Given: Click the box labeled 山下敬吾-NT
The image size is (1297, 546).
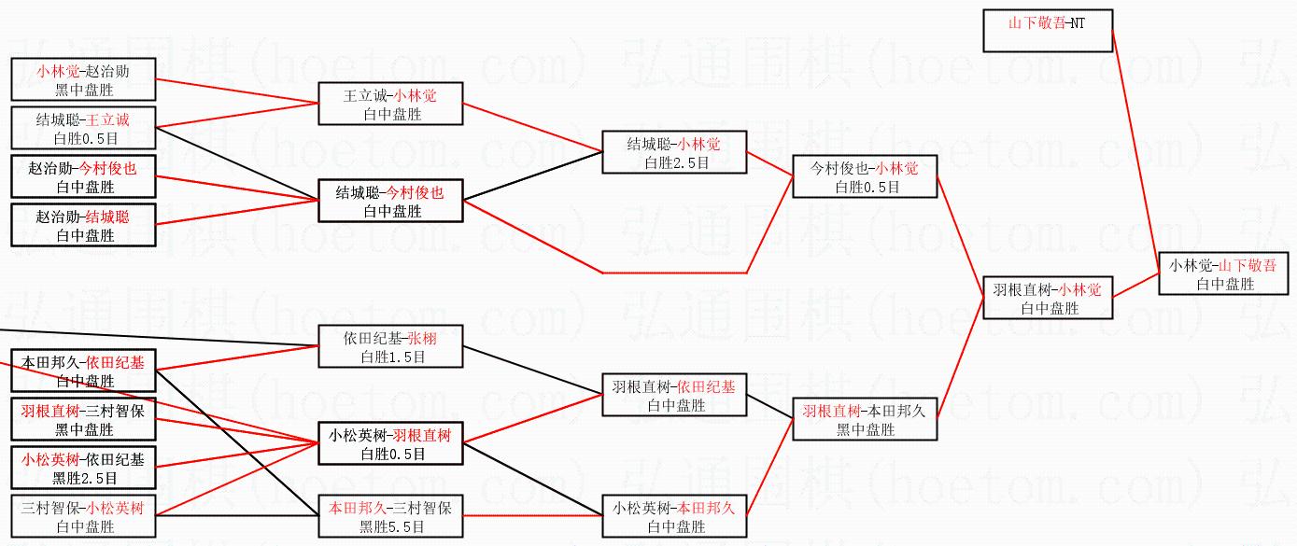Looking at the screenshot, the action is [1047, 30].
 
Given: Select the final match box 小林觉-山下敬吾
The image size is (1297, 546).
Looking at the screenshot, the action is [1222, 273].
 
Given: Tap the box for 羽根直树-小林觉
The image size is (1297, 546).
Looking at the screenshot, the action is [1048, 298].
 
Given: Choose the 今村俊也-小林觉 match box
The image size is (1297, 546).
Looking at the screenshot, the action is [865, 176].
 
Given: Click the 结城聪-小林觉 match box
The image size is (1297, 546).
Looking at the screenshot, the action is [674, 152].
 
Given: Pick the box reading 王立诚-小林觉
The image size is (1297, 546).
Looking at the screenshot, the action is [390, 104].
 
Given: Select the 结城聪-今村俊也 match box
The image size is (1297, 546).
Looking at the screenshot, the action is [390, 201].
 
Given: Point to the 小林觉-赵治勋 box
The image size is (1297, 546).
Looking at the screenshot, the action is [83, 79].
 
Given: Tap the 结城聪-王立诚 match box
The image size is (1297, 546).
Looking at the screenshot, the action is [83, 129].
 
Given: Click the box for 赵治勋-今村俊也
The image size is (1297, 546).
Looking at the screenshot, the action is [83, 177].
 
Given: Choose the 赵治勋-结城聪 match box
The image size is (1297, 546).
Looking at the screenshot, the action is [83, 226].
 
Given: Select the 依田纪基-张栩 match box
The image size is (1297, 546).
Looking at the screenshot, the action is [390, 347].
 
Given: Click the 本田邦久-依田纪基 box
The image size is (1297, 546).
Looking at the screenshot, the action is [83, 371].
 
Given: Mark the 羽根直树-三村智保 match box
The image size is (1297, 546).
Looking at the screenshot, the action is [83, 419].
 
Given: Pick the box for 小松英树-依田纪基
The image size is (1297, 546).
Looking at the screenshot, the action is [83, 468].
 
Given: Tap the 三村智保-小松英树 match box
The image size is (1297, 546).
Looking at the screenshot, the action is [83, 516].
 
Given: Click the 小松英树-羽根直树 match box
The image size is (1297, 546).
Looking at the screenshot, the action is [390, 444].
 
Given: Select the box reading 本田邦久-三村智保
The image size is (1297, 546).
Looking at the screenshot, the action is [390, 516].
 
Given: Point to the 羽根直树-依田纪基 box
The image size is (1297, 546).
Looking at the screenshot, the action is [674, 395].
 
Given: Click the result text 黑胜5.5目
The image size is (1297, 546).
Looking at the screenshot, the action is [390, 526].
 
